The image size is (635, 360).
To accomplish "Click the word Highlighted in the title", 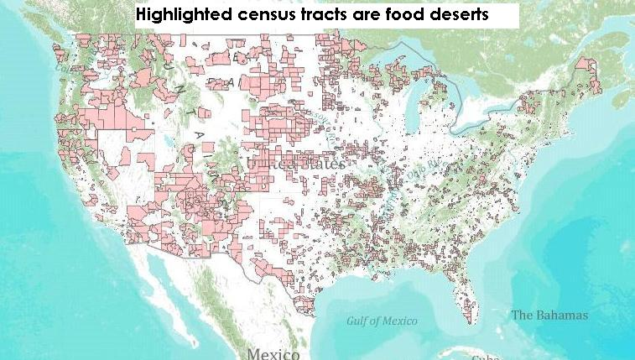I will pos(181,15).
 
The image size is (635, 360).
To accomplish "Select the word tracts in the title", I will pos(324,15).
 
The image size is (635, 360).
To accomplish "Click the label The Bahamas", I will pos(549,316).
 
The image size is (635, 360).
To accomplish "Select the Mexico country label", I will pos(273,353).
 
